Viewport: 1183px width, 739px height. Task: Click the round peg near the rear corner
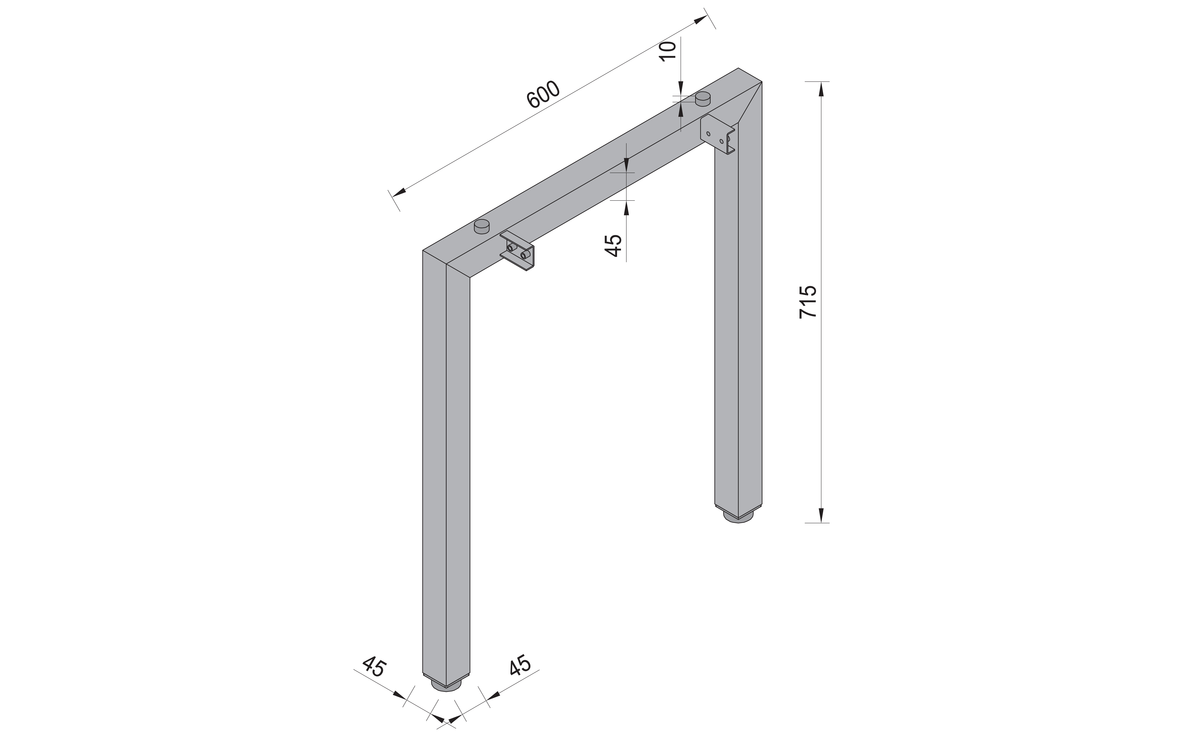tap(703, 98)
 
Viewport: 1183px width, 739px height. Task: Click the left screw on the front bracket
tap(510, 248)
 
